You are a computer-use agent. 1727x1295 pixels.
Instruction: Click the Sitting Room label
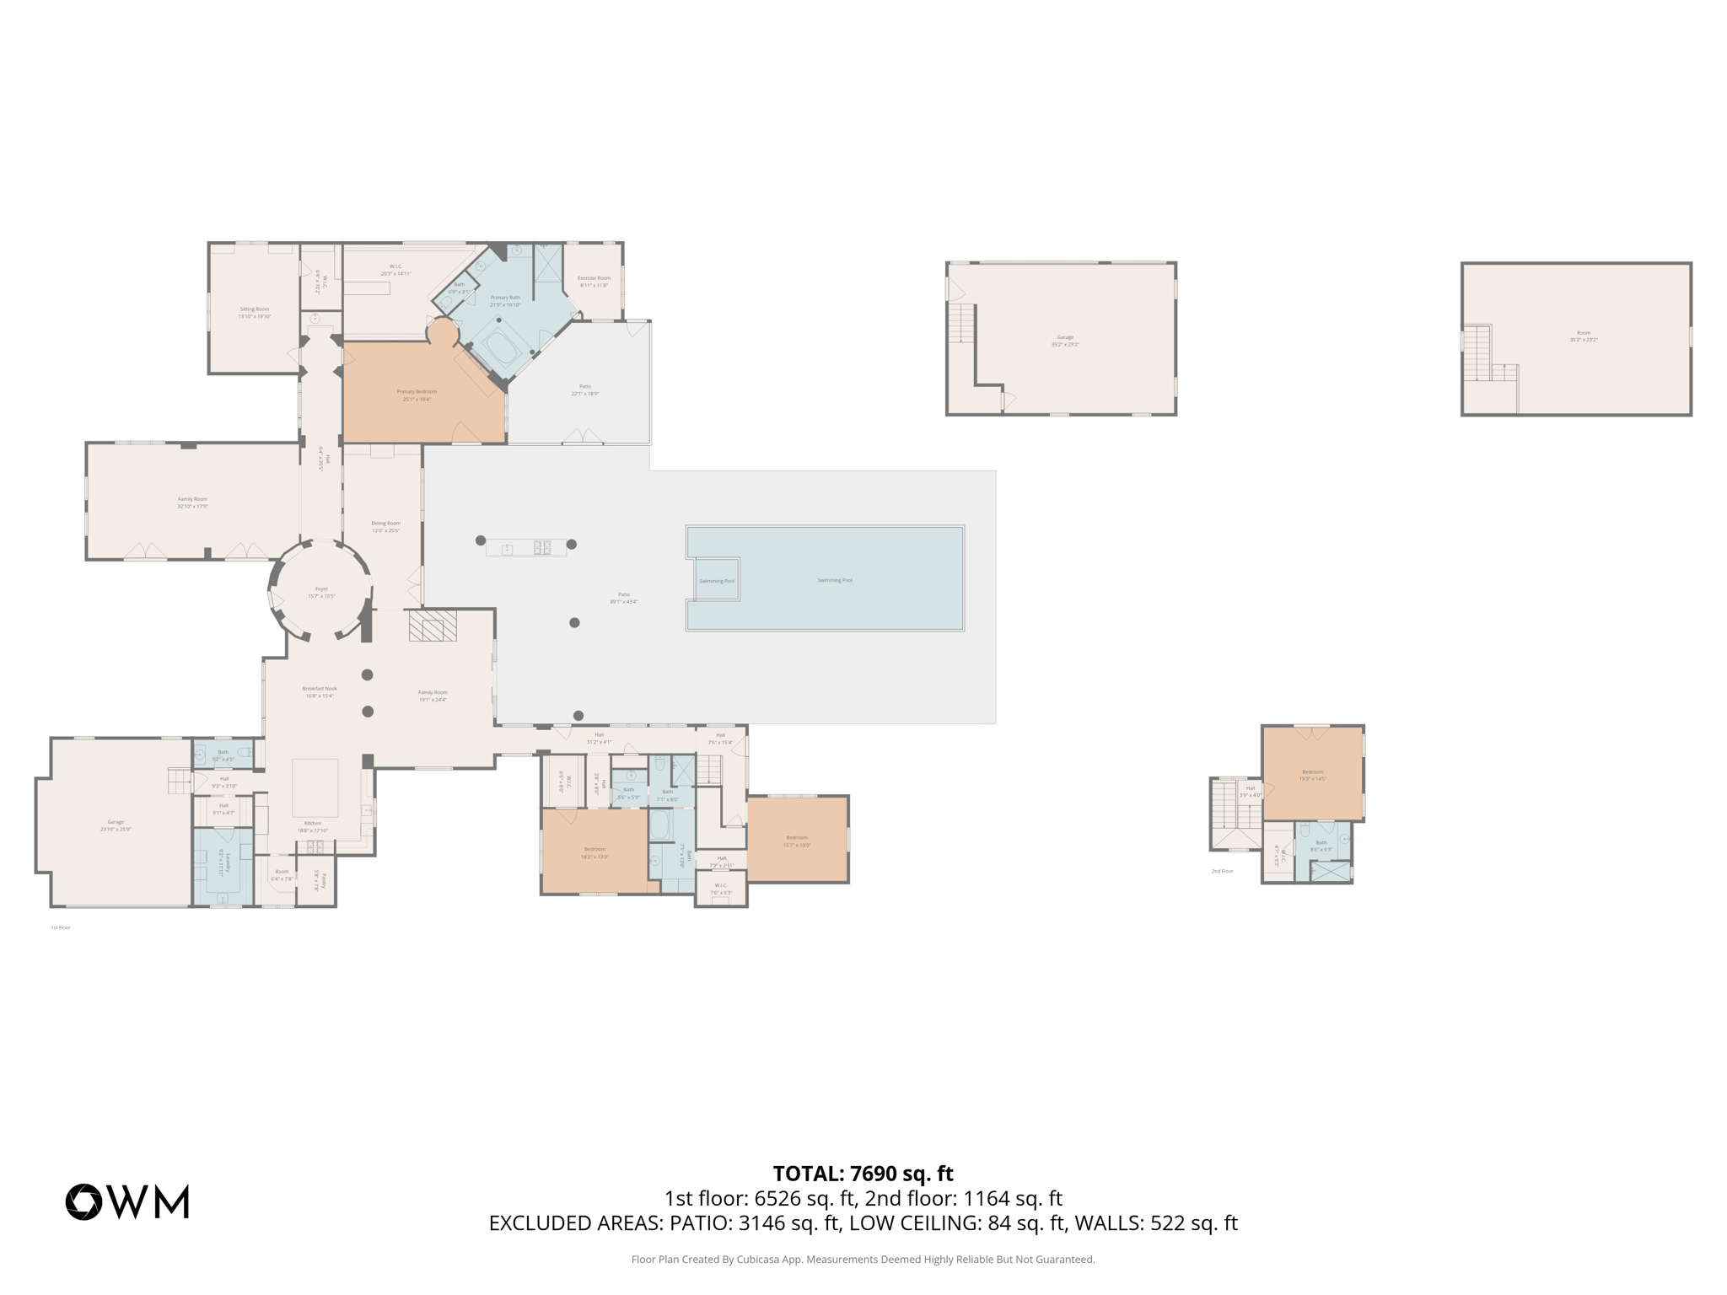pos(255,313)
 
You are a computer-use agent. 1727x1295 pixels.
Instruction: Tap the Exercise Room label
pos(594,282)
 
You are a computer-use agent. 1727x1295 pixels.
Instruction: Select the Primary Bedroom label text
pos(417,395)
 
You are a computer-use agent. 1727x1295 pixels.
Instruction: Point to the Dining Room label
pos(386,527)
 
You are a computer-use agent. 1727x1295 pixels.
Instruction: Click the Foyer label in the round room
pos(321,593)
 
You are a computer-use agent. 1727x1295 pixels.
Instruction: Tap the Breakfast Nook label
pos(320,692)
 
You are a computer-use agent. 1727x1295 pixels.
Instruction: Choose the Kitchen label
pos(313,826)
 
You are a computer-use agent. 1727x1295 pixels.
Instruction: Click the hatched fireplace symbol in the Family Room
pos(433,626)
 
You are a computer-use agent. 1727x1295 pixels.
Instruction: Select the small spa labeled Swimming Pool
pos(715,579)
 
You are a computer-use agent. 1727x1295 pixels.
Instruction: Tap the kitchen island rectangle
pos(315,787)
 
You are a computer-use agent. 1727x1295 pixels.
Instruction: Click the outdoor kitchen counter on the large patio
pos(525,548)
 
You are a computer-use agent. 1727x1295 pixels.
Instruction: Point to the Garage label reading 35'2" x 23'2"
pos(1065,341)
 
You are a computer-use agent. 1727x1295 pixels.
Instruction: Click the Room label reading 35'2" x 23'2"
pos(1584,336)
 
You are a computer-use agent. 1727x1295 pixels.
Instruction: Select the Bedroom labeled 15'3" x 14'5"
pos(1312,775)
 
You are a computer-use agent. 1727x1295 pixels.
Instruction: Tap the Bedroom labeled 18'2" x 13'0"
pos(594,852)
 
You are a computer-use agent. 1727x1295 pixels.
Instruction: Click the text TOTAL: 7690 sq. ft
pos(863,1174)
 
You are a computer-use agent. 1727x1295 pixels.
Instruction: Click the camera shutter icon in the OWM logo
pos(84,1201)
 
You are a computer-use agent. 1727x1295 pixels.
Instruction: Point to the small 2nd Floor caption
pos(1222,871)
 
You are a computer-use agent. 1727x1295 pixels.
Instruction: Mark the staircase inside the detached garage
pos(961,323)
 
